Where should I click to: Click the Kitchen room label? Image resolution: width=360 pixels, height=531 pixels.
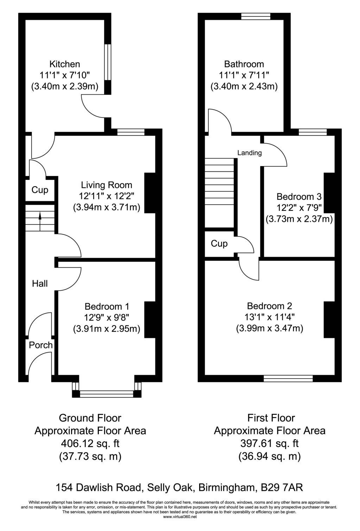pyautogui.click(x=65, y=64)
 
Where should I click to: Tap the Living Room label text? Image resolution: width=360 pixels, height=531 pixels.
pyautogui.click(x=106, y=185)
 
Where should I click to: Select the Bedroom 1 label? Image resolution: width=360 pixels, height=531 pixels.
pyautogui.click(x=107, y=306)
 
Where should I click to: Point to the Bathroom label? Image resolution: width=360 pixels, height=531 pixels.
pyautogui.click(x=244, y=64)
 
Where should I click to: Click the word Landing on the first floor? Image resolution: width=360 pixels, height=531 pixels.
pyautogui.click(x=250, y=153)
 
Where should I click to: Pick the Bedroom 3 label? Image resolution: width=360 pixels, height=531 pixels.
pyautogui.click(x=299, y=196)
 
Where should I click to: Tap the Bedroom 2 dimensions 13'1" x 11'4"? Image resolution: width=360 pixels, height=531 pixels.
pyautogui.click(x=270, y=317)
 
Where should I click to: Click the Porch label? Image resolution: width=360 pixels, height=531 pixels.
pyautogui.click(x=41, y=345)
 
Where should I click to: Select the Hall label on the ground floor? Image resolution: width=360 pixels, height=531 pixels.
pyautogui.click(x=40, y=284)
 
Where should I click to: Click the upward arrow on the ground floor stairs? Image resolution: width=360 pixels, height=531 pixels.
pyautogui.click(x=40, y=222)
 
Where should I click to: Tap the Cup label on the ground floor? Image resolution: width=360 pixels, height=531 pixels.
pyautogui.click(x=40, y=190)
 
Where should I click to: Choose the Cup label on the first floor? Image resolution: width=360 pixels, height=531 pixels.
pyautogui.click(x=219, y=244)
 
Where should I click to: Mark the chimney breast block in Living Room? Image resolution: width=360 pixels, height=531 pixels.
pyautogui.click(x=150, y=193)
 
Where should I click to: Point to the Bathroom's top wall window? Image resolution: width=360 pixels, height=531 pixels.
pyautogui.click(x=256, y=16)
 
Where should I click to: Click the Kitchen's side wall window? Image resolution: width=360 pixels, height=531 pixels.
pyautogui.click(x=108, y=62)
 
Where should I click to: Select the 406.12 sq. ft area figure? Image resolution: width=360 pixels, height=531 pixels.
pyautogui.click(x=90, y=443)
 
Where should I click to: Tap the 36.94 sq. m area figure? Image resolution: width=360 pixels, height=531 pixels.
pyautogui.click(x=270, y=456)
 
